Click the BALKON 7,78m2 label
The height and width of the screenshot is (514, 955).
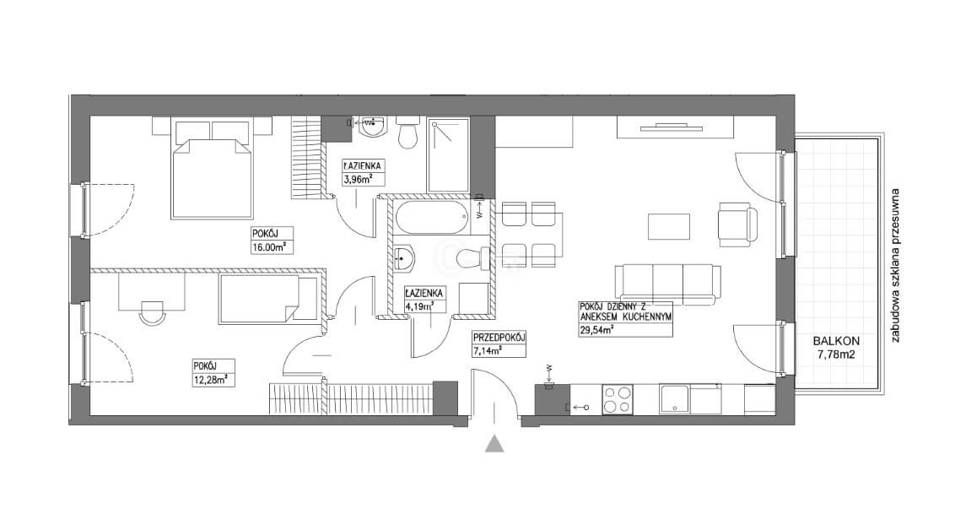coord(836,348)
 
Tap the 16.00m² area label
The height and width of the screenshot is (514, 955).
coord(268,247)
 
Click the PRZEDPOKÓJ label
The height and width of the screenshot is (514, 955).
coord(499,338)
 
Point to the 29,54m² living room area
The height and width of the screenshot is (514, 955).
coord(596,331)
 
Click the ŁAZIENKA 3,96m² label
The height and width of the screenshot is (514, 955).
coord(362,172)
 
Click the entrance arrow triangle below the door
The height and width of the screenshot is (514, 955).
coord(494,444)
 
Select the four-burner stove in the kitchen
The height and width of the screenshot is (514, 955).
coord(618,399)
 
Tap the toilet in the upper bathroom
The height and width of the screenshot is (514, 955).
coord(407,133)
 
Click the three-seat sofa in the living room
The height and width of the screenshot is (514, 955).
coord(667,284)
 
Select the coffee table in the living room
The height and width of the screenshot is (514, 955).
coord(669,227)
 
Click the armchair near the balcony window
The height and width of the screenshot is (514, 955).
coord(737,225)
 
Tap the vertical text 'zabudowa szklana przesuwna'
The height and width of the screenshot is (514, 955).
coord(895,266)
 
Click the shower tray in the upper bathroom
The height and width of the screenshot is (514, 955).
coord(448,155)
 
